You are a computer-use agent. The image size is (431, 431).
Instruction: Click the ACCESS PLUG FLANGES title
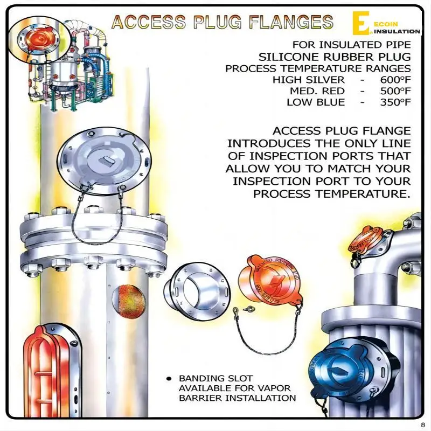click(x=221, y=22)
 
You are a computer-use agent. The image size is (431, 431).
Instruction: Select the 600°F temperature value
click(x=395, y=80)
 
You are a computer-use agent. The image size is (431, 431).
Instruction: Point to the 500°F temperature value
click(x=395, y=91)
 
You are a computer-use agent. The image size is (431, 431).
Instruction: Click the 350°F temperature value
click(x=395, y=102)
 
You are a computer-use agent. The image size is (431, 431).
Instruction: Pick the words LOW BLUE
click(x=316, y=102)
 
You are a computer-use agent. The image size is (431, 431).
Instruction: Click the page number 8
click(x=423, y=424)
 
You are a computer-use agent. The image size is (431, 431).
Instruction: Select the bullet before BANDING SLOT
click(x=169, y=379)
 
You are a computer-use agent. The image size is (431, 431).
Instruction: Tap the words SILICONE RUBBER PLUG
click(x=334, y=57)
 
